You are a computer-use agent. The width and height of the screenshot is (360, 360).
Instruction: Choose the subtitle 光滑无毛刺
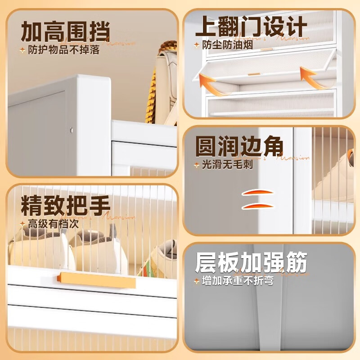(227, 165)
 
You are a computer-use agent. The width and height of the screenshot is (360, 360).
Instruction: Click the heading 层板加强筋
(251, 262)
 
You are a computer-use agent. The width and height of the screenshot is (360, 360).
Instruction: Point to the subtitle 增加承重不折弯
(238, 281)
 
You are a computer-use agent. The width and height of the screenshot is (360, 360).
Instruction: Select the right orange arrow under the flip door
(315, 77)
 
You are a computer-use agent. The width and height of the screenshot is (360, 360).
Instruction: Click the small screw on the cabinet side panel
(71, 130)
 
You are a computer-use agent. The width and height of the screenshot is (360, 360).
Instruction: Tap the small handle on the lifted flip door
(255, 74)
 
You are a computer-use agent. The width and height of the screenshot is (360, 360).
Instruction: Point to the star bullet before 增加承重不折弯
(196, 281)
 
